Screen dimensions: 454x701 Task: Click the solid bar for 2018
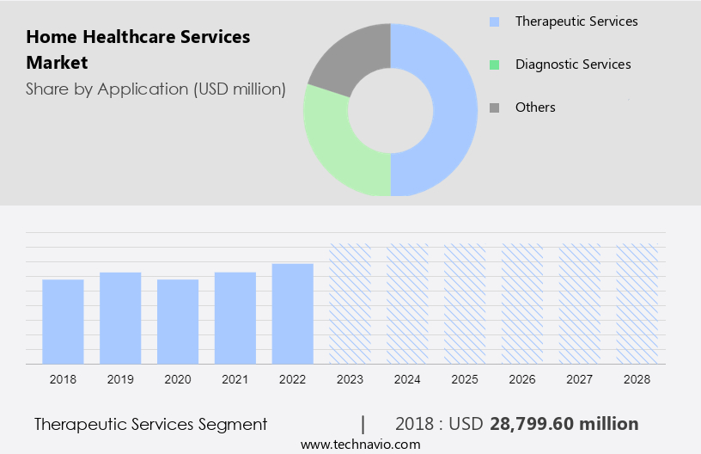point(63,322)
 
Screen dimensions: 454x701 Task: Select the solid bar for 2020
point(178,322)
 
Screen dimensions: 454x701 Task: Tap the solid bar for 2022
point(293,314)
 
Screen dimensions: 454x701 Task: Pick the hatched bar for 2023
point(350,304)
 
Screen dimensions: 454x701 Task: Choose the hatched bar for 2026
point(522,304)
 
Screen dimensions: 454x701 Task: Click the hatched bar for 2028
point(637,304)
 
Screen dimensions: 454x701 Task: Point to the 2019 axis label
point(120,379)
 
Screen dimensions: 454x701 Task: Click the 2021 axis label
point(235,379)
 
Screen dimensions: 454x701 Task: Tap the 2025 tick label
point(465,379)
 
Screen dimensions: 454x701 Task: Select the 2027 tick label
point(580,379)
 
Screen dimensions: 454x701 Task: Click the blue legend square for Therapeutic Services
point(494,21)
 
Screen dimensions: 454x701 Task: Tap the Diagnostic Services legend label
point(573,64)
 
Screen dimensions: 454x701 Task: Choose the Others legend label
point(535,107)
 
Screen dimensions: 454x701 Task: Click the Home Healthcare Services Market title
point(138,50)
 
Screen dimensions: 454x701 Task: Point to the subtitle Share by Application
point(155,89)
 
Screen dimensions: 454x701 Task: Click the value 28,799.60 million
point(564,424)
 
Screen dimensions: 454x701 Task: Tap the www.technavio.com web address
point(361,445)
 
